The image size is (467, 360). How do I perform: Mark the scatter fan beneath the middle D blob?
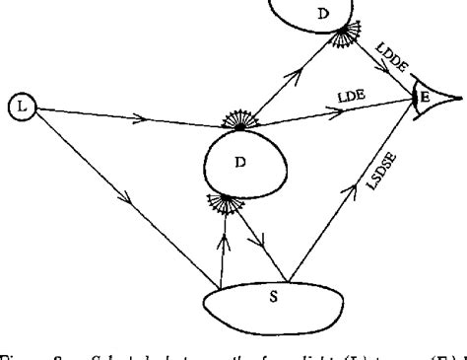(226, 205)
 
